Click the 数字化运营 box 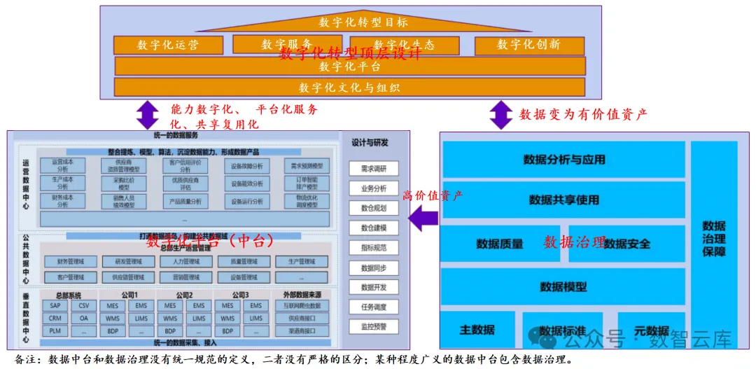(167, 45)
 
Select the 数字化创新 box (528, 45)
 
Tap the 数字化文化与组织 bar (349, 88)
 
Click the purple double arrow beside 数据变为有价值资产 (500, 114)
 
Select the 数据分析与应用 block (563, 160)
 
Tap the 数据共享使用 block (563, 200)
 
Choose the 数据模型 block (563, 286)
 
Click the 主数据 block (477, 330)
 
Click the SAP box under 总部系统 (55, 306)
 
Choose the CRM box (55, 319)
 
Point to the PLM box (55, 331)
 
